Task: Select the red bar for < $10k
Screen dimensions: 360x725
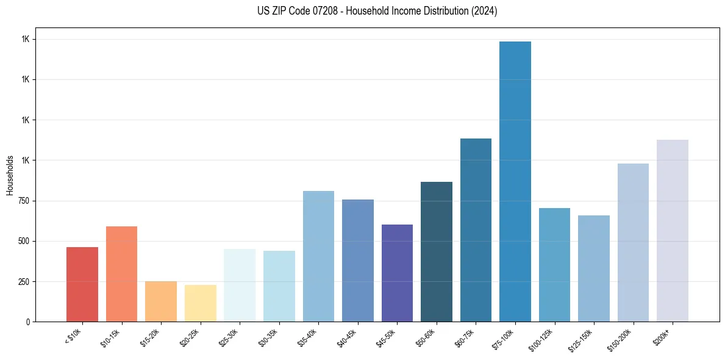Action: (82, 284)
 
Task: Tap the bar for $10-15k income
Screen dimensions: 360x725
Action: (121, 274)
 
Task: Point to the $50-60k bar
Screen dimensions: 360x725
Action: (437, 251)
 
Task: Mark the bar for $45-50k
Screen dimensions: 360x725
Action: (397, 273)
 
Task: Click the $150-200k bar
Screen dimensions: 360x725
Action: (633, 242)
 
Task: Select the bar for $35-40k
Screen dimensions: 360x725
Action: (318, 256)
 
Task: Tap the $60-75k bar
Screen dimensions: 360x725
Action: (476, 230)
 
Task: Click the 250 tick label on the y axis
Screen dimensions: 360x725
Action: (23, 281)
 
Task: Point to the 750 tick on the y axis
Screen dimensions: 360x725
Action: (23, 201)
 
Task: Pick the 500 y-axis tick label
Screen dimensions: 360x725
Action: (23, 241)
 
